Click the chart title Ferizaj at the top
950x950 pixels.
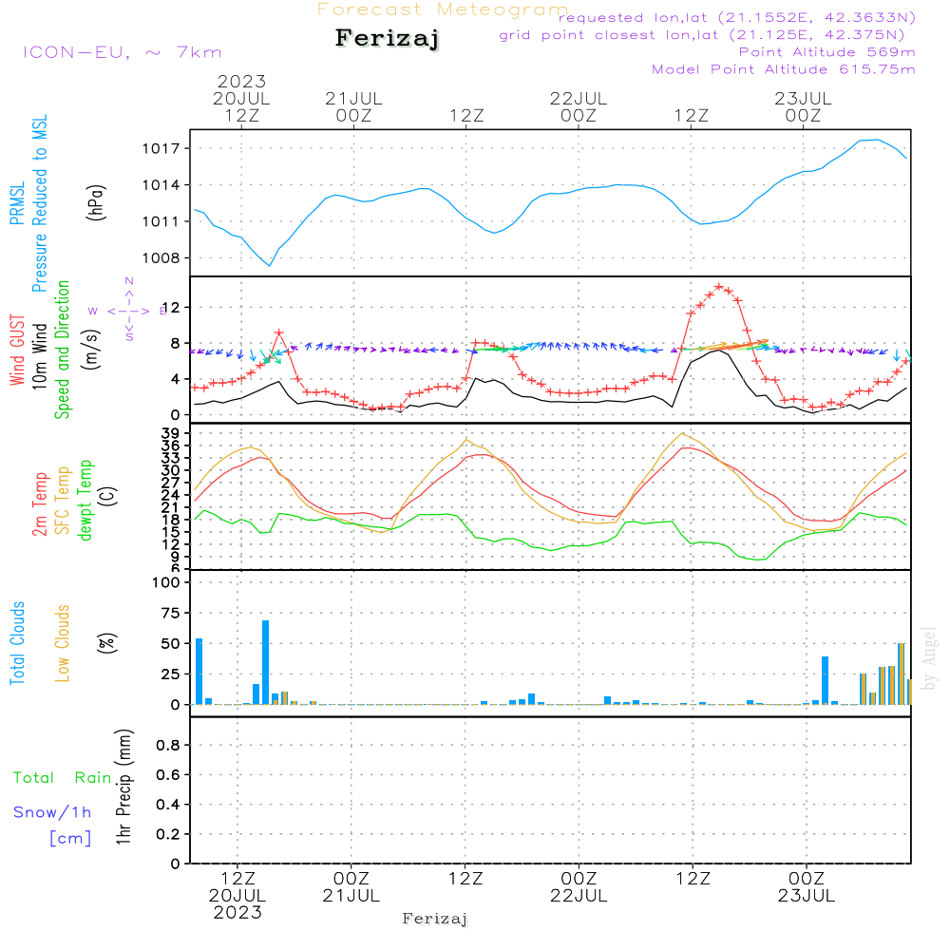pyautogui.click(x=388, y=40)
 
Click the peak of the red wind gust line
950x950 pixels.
pyautogui.click(x=719, y=286)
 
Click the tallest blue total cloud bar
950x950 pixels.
pyautogui.click(x=266, y=661)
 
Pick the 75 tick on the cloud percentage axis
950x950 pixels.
pyautogui.click(x=169, y=614)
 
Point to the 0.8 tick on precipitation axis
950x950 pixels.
pyautogui.click(x=168, y=745)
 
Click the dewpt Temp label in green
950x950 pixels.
pyautogui.click(x=86, y=501)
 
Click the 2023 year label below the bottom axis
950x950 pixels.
pyautogui.click(x=237, y=913)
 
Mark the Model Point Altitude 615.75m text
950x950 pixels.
pyautogui.click(x=784, y=69)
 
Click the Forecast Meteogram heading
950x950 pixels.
pyautogui.click(x=443, y=9)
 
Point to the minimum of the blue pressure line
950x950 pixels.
pyautogui.click(x=270, y=265)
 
